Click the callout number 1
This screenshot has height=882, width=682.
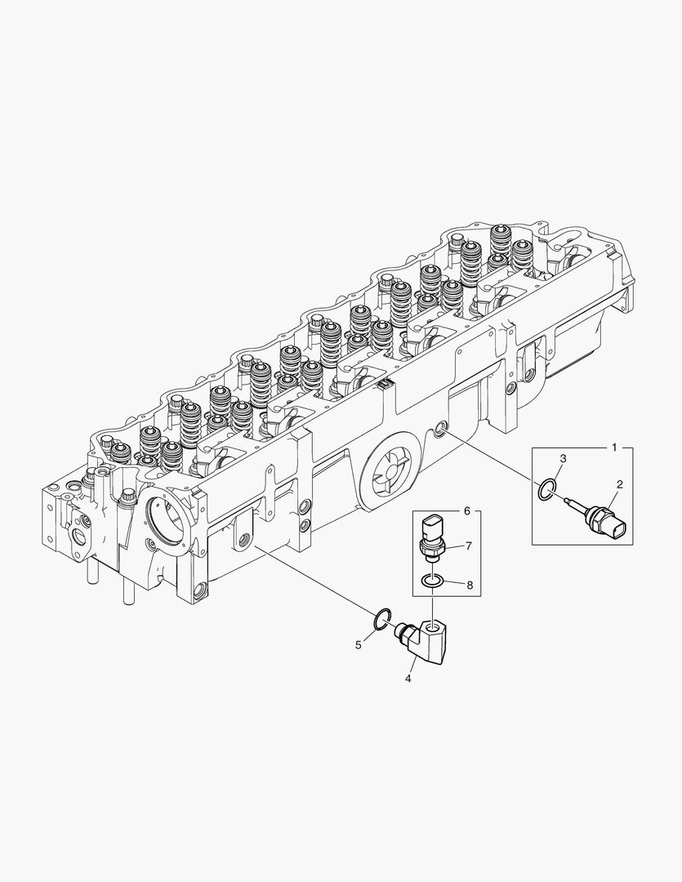click(615, 448)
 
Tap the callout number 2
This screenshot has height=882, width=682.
click(620, 485)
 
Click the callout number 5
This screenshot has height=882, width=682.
click(358, 645)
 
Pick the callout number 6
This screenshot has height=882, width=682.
click(467, 510)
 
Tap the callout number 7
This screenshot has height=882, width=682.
click(469, 546)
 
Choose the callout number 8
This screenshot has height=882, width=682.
click(469, 585)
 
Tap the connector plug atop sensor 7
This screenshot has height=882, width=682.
click(432, 526)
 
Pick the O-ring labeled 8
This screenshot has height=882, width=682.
click(432, 581)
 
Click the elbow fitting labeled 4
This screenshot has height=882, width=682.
click(428, 638)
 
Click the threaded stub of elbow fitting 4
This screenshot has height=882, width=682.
click(402, 630)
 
